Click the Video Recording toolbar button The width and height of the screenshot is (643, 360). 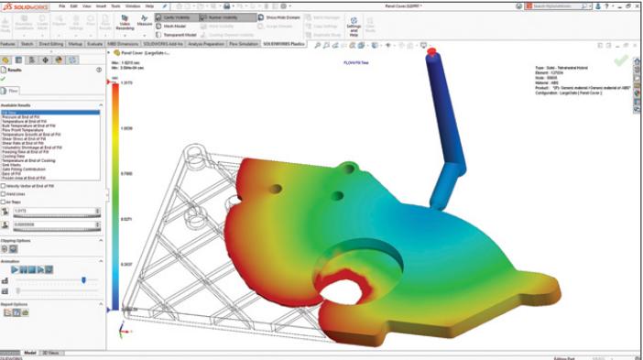(125, 22)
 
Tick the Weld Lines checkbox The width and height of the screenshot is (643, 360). (5, 194)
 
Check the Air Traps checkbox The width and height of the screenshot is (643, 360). (5, 202)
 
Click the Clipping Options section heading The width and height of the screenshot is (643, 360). (16, 241)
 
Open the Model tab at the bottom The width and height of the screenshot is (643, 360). (29, 352)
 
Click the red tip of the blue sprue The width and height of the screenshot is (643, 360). (431, 51)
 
